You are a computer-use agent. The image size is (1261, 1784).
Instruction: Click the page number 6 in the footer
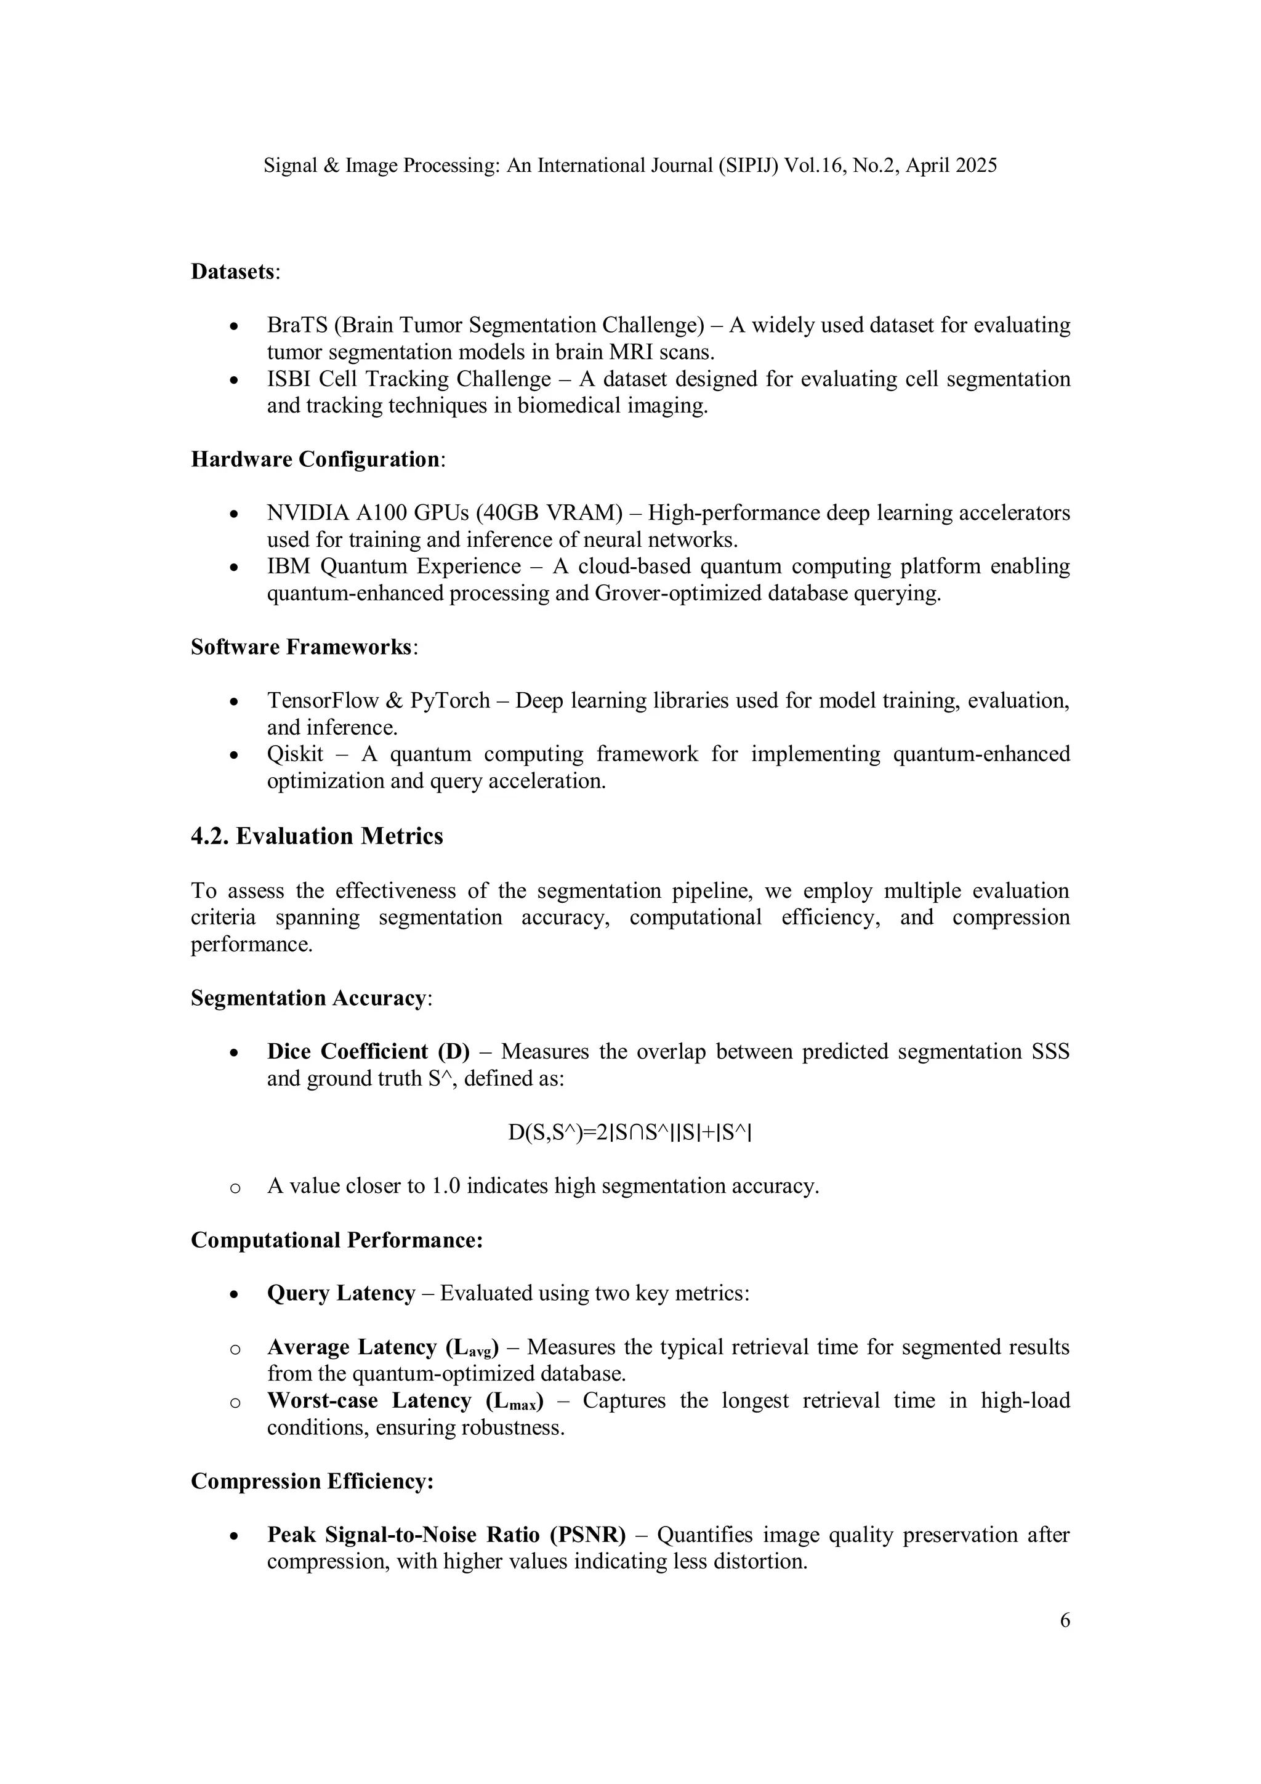click(x=1065, y=1620)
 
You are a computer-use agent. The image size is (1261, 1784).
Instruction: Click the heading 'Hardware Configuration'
click(x=315, y=459)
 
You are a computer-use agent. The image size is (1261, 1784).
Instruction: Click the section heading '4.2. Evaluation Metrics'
click(x=317, y=836)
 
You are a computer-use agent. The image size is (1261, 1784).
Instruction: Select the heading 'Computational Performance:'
click(x=336, y=1240)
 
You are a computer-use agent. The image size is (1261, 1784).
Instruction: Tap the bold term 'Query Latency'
click(x=341, y=1293)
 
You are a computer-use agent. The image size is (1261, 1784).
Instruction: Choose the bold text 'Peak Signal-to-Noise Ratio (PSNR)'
click(x=446, y=1535)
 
